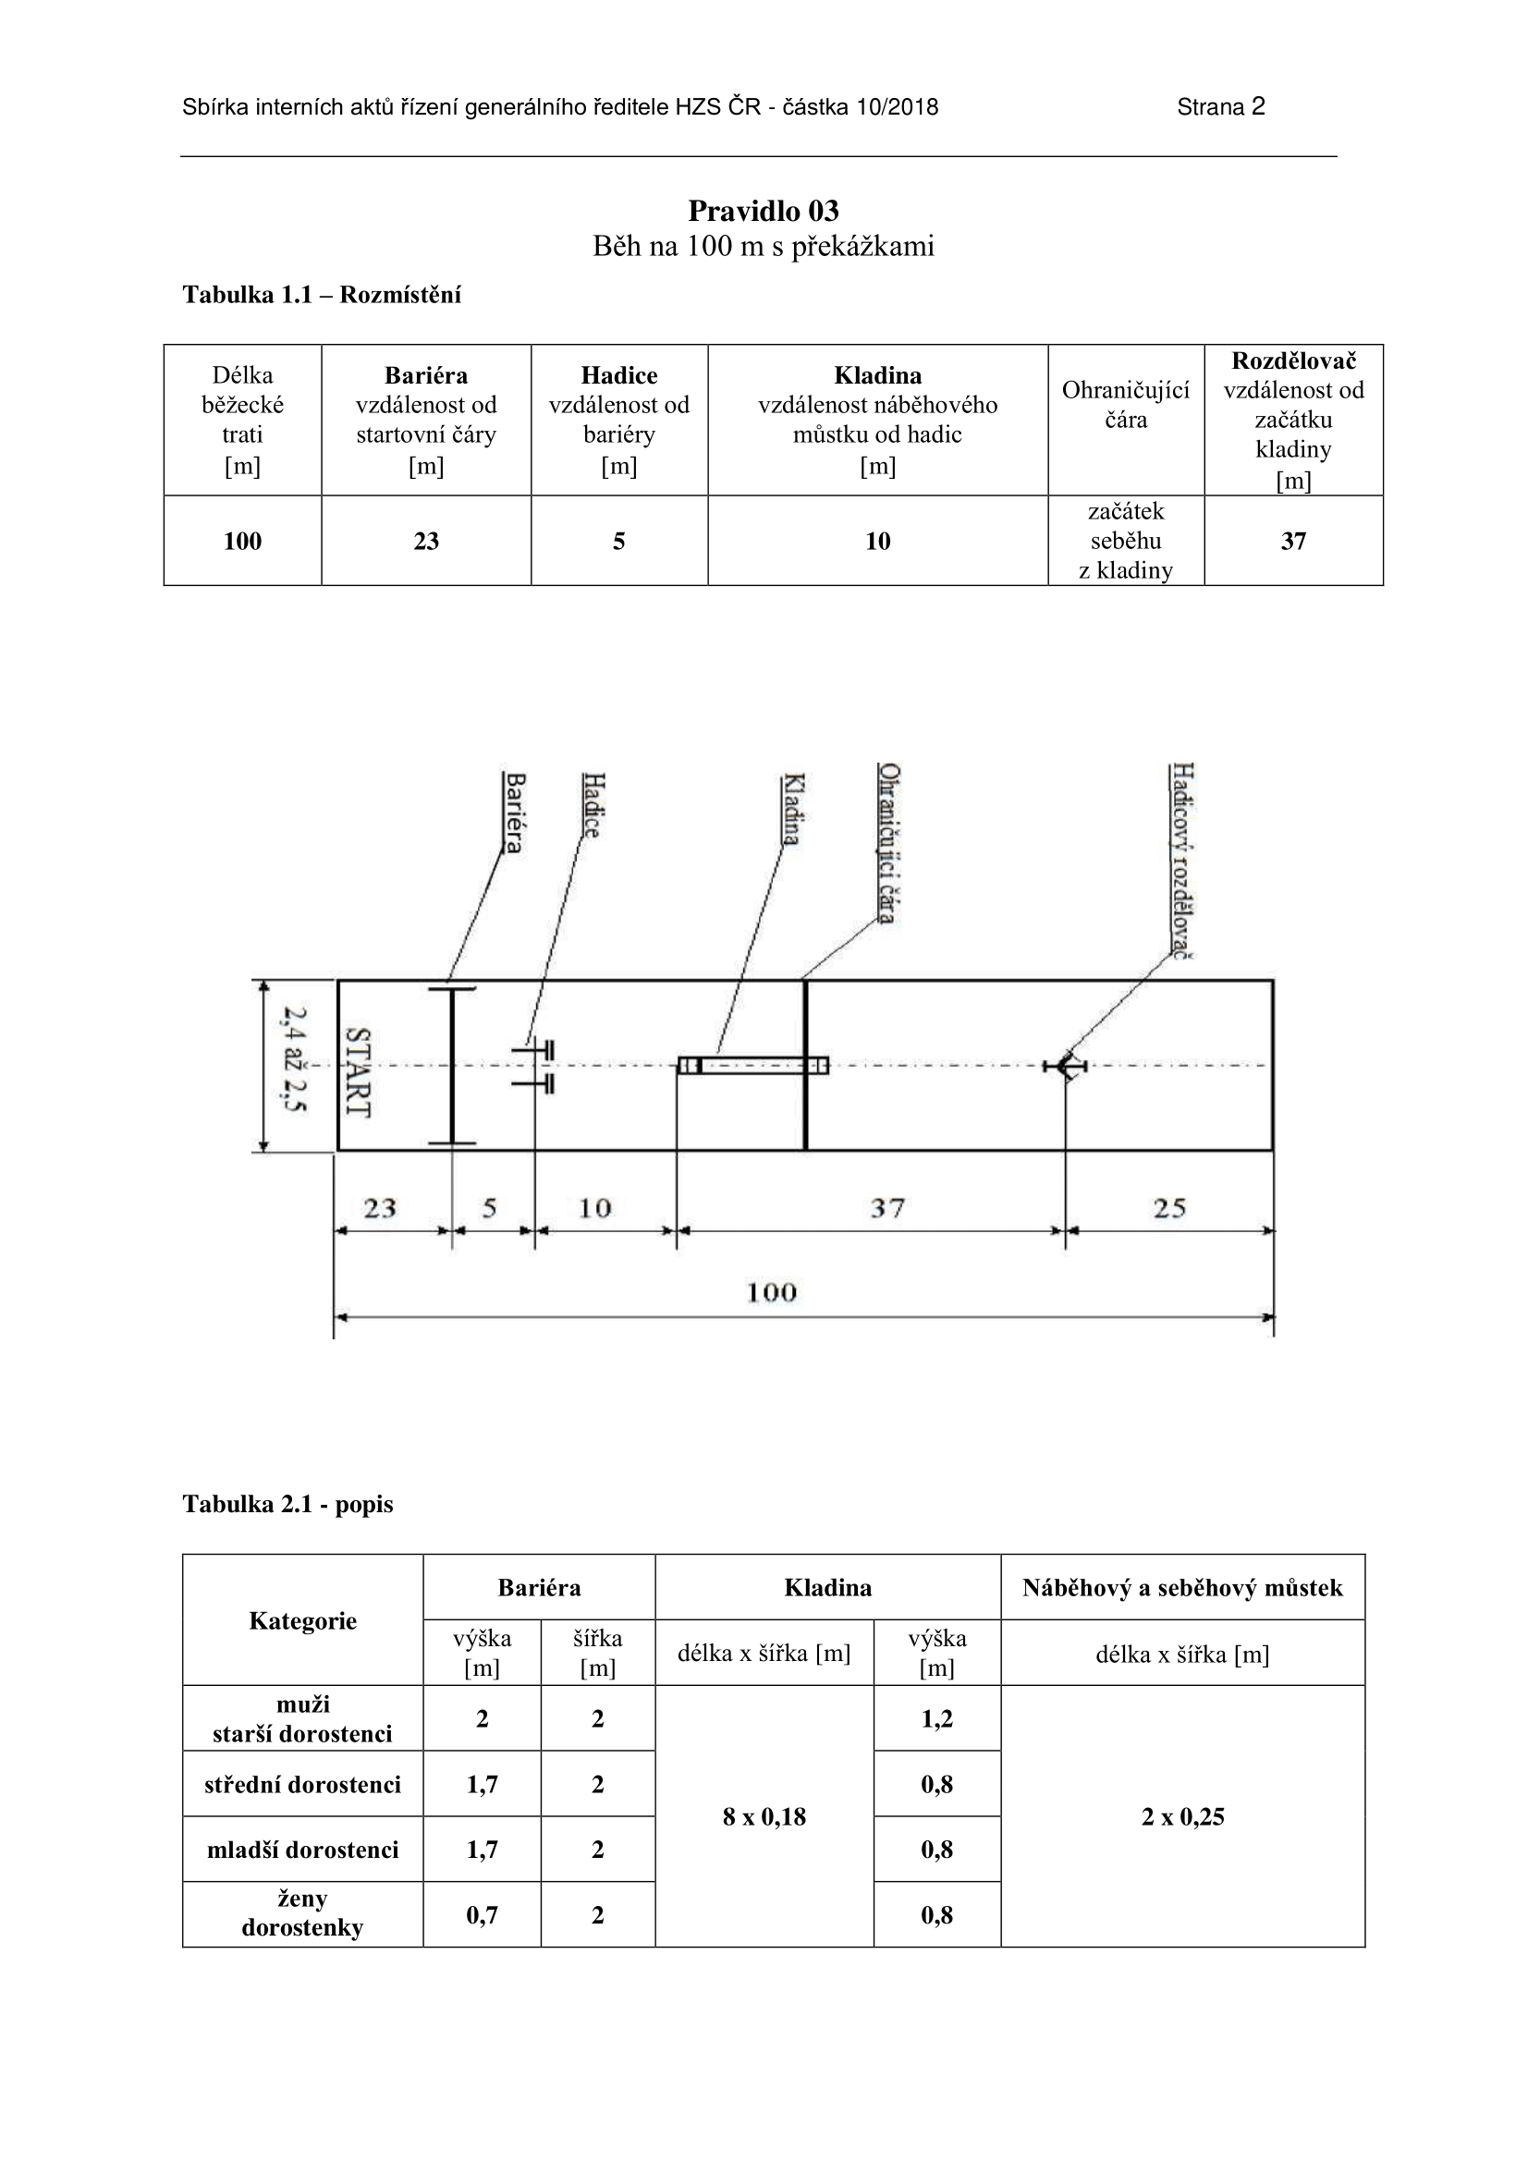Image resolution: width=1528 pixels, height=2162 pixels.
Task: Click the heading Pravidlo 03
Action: [763, 210]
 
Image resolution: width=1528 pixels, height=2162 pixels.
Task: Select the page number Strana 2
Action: [1220, 107]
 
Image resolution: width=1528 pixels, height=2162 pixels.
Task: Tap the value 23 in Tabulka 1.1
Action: [425, 542]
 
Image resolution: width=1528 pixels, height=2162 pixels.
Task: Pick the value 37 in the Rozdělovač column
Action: [1292, 542]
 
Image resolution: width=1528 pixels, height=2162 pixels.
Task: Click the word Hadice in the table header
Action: [618, 375]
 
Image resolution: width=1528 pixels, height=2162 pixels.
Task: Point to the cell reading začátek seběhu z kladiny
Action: [1125, 542]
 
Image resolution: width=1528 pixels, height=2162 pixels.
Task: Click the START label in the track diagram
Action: [359, 1071]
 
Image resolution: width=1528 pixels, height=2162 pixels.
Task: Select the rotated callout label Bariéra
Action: [513, 812]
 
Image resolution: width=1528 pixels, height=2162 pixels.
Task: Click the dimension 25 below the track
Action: [1169, 1208]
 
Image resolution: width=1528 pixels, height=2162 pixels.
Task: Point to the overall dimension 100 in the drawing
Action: [771, 1292]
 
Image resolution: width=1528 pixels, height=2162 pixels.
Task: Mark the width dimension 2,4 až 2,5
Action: [295, 1059]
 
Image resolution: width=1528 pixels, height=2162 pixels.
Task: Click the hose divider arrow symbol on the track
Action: [1065, 1066]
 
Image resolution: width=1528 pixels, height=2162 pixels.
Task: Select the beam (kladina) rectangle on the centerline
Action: [753, 1066]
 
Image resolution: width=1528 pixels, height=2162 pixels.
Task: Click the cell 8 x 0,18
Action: [764, 1816]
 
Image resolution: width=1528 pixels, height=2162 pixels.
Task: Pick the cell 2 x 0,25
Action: [1182, 1816]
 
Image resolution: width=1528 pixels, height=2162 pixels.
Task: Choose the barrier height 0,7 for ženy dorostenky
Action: [481, 1914]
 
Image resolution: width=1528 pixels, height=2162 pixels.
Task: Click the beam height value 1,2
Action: [936, 1718]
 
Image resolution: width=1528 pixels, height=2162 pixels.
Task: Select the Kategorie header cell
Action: [302, 1620]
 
